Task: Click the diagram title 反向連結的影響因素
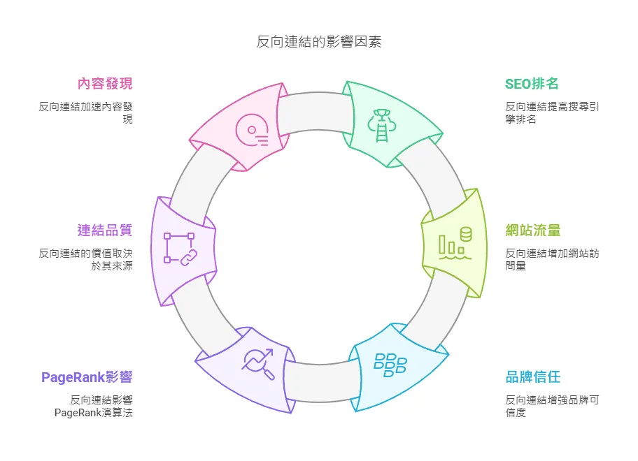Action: [318, 42]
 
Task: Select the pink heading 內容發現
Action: [104, 84]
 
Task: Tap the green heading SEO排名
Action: [532, 84]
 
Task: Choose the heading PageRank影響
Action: [87, 377]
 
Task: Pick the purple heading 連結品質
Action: [104, 230]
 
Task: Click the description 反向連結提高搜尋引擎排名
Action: [552, 112]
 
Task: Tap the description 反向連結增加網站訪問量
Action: [552, 259]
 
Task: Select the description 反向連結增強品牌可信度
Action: [552, 406]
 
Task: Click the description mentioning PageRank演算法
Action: [94, 406]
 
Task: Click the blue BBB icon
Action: [390, 364]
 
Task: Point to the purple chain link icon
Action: [178, 249]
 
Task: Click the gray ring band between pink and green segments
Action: [315, 112]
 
